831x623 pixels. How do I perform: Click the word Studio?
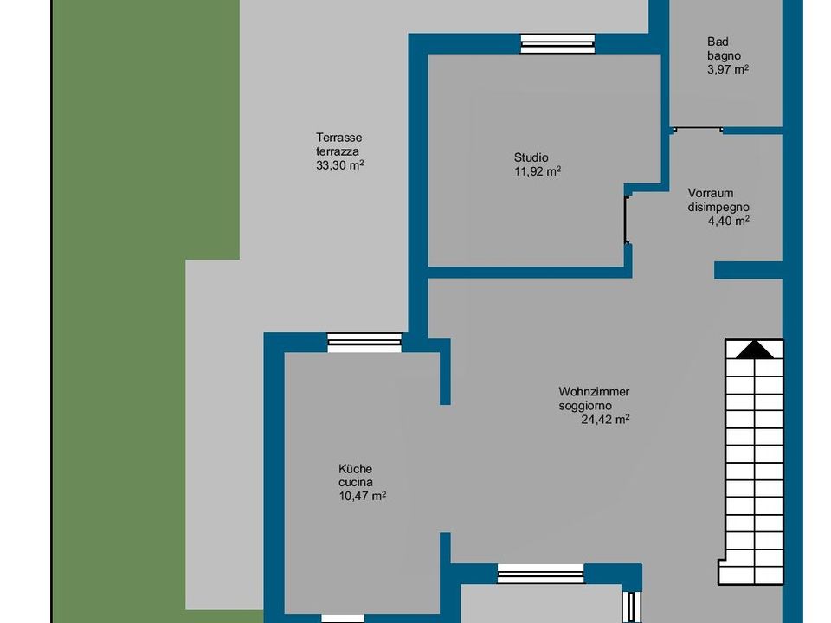531,157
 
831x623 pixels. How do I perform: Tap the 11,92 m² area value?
538,171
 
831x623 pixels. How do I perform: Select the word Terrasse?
339,138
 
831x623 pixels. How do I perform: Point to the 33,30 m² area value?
339,165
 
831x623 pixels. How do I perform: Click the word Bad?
718,42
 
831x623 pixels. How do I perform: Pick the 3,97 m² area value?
728,69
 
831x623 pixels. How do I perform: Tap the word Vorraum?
710,193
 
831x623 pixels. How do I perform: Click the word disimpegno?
718,207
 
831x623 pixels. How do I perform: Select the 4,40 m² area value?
729,221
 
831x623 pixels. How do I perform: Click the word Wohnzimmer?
594,391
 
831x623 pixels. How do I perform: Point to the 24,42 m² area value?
605,420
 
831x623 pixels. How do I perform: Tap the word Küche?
355,469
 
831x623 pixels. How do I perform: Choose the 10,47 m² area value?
362,497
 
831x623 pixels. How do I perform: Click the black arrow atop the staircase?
755,350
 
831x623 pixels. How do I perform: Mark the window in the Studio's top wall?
557,44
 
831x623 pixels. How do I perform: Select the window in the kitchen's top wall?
364,343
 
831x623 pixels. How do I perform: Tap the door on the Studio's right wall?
628,220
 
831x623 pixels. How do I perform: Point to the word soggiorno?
585,406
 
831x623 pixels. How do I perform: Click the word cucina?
355,483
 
